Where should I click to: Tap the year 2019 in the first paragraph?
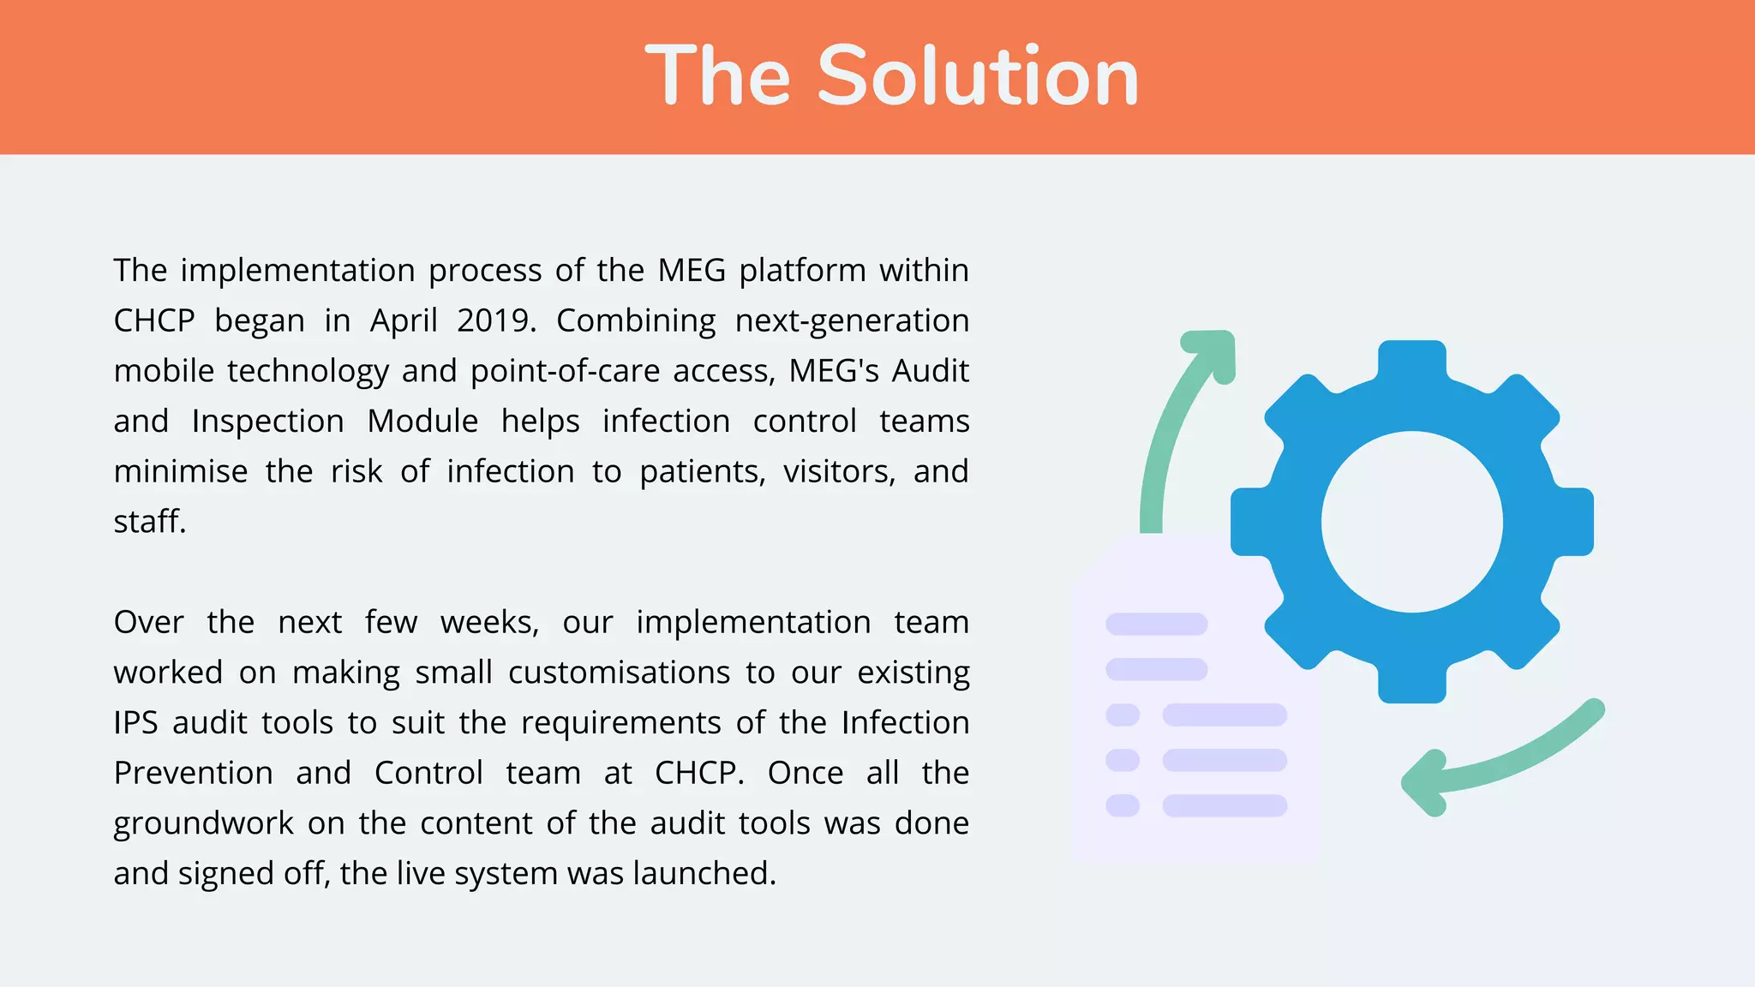[x=493, y=321]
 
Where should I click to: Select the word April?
[x=403, y=321]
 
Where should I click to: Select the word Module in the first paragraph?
[x=422, y=422]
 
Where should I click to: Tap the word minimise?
[x=180, y=472]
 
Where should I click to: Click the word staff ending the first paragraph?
[x=147, y=522]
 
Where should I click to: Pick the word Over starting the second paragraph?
[x=148, y=623]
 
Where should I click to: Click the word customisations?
[x=619, y=673]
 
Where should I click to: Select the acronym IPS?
[x=135, y=723]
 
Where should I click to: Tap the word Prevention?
[x=193, y=774]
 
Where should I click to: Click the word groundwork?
[x=203, y=824]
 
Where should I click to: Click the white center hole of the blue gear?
[x=1411, y=522]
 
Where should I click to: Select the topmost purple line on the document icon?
[x=1156, y=624]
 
